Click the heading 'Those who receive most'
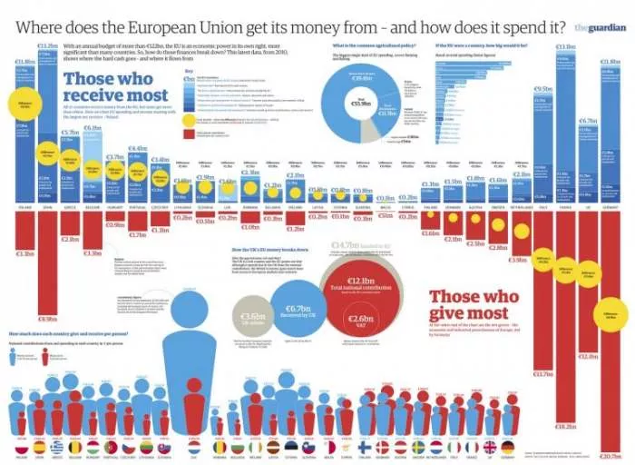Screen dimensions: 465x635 (x=116, y=86)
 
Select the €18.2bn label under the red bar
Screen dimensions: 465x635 (x=564, y=426)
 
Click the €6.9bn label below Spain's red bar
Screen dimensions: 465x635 (x=45, y=319)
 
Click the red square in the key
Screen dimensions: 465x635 (x=188, y=134)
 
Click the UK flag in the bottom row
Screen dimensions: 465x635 (x=489, y=447)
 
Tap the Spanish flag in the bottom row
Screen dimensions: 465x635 (x=39, y=447)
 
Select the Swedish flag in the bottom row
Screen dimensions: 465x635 (x=418, y=447)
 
